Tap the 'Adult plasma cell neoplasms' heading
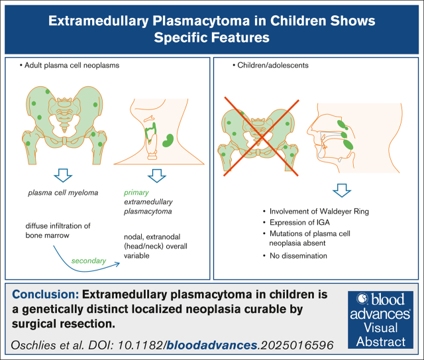click(72, 65)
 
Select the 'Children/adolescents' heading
click(273, 65)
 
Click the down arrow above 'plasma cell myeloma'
click(63, 176)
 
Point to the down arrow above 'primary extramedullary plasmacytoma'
click(157, 176)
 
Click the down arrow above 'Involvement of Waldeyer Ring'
click(342, 190)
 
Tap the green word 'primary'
click(136, 193)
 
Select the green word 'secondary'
click(89, 261)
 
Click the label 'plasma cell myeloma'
click(63, 193)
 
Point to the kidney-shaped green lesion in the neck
click(168, 141)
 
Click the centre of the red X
click(262, 138)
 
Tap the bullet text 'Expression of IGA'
click(299, 223)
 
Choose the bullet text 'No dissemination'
click(298, 256)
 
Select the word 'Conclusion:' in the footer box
click(46, 294)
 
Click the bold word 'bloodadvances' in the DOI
click(212, 345)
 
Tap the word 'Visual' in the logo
click(381, 328)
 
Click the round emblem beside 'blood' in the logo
click(362, 299)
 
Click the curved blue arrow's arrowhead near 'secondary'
click(117, 264)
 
